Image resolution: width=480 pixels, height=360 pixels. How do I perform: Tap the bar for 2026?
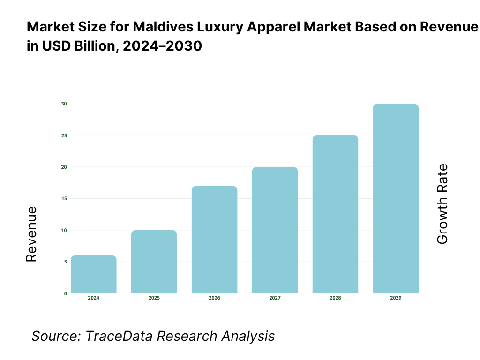(x=215, y=240)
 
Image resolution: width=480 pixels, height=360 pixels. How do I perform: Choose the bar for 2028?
(x=336, y=214)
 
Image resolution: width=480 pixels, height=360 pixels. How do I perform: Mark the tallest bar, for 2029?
(x=396, y=198)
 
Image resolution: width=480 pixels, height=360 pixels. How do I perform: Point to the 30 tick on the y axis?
(x=64, y=104)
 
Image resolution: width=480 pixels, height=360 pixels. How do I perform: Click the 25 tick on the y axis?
(x=64, y=135)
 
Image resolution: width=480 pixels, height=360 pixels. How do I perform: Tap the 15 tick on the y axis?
(x=64, y=198)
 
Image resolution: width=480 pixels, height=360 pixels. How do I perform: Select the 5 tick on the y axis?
(x=65, y=262)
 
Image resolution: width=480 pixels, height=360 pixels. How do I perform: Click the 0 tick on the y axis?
(x=65, y=293)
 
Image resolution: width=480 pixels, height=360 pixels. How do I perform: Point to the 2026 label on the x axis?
(x=215, y=298)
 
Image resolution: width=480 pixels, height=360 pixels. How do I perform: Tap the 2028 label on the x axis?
(x=336, y=298)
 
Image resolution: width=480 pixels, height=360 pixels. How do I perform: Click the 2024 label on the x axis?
(x=94, y=298)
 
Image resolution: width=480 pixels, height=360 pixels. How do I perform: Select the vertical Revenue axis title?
(x=31, y=234)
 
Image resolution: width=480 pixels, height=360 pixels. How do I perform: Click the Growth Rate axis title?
(x=442, y=204)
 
